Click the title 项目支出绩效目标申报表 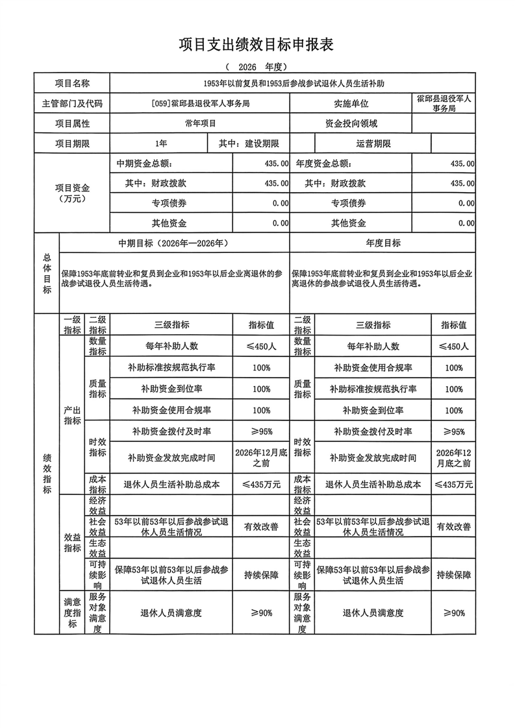point(257,45)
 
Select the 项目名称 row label point(72,84)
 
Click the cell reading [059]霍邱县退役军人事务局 point(199,103)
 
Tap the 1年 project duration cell point(160,143)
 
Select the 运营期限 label point(373,143)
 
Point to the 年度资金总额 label point(324,164)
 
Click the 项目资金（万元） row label point(72,193)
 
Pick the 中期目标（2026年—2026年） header point(173,243)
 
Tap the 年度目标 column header point(383,243)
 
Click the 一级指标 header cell point(72,325)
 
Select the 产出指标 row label point(72,415)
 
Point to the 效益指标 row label point(72,542)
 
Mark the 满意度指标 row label point(72,613)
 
